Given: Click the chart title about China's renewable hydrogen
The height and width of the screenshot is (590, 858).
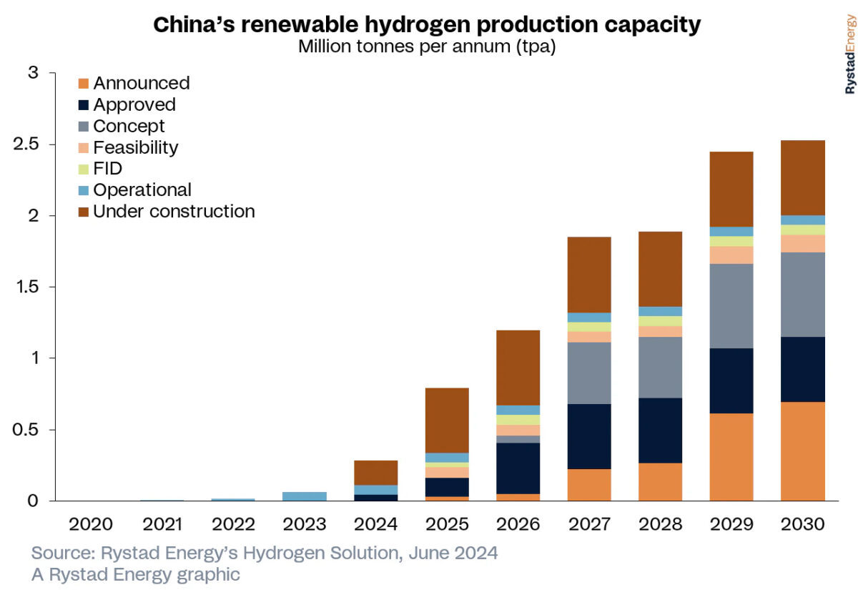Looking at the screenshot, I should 428,25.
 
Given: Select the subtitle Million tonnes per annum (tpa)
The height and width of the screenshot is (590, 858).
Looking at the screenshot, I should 427,47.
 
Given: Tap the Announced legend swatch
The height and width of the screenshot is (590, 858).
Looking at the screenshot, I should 83,84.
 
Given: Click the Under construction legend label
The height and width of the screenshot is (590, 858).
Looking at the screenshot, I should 174,212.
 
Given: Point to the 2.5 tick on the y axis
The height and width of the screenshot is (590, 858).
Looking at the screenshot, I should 30,145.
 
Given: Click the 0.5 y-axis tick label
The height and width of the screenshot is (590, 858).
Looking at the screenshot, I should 30,430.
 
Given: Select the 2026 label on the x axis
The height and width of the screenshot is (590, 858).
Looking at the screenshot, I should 518,524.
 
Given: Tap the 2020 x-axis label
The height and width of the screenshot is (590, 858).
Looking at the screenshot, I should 91,524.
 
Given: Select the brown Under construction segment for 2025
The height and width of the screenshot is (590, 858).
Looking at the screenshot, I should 448,421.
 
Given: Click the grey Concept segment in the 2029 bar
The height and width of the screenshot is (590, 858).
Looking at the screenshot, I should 732,306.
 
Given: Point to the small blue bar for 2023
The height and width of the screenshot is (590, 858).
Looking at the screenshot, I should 305,496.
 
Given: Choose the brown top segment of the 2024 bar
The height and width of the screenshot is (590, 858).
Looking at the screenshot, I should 376,473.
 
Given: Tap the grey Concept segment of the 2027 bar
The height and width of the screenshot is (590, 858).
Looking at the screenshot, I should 590,373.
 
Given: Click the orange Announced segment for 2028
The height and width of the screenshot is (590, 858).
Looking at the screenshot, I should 661,482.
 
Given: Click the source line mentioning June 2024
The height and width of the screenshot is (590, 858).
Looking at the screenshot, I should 265,554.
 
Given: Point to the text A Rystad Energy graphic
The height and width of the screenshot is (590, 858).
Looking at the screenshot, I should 136,574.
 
